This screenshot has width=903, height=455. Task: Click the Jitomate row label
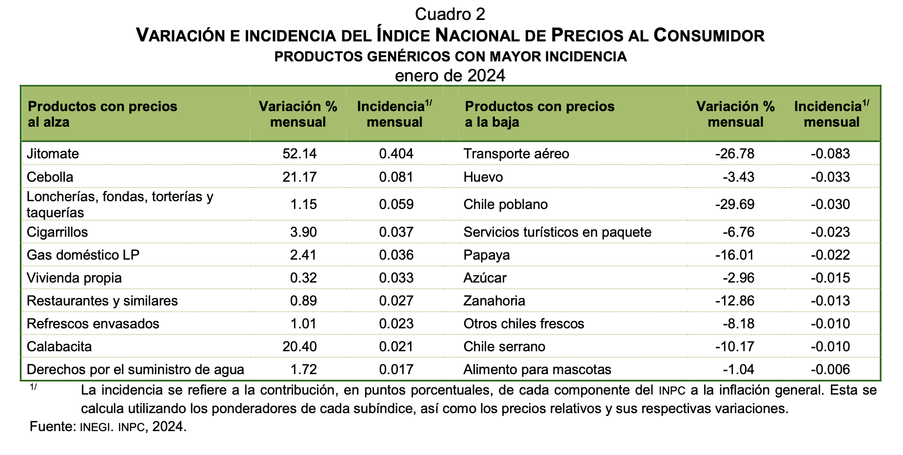tap(53, 154)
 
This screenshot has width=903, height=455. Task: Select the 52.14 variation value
tap(299, 154)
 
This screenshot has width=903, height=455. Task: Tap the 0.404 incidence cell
tap(396, 154)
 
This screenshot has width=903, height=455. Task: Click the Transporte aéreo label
tap(516, 154)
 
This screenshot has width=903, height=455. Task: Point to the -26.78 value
tap(735, 154)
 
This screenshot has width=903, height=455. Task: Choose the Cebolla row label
tap(50, 177)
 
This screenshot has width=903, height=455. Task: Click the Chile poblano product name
tap(506, 204)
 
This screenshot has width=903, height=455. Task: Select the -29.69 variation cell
tap(735, 204)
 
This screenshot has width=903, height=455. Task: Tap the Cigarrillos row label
tap(58, 232)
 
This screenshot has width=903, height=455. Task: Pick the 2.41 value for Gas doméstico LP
tap(303, 255)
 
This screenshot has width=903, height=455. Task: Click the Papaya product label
tap(487, 255)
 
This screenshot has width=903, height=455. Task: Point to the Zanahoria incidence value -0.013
tap(830, 301)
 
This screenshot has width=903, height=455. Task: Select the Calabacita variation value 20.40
tap(299, 346)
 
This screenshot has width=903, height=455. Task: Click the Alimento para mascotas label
tap(537, 370)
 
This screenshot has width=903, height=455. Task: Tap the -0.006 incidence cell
tap(830, 369)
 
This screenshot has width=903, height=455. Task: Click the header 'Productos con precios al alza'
tap(102, 114)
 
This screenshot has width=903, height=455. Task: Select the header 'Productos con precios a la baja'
tap(540, 114)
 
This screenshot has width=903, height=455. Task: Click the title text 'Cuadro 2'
tap(450, 15)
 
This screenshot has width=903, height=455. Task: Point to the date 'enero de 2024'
tap(450, 76)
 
